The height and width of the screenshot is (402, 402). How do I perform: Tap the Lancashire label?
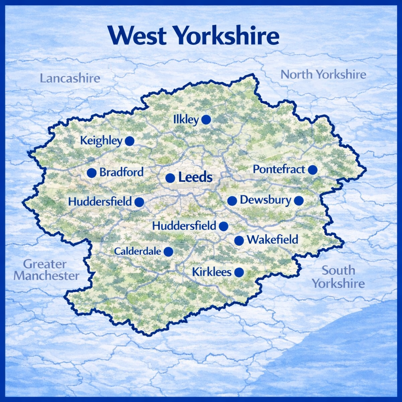[x=70, y=78]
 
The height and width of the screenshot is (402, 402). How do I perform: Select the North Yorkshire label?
[x=323, y=74]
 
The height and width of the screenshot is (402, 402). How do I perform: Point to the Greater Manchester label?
[x=46, y=270]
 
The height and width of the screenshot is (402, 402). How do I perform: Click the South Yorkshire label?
[x=338, y=277]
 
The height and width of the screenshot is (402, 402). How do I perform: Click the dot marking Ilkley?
[x=206, y=120]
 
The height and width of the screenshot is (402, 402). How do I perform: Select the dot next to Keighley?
[x=130, y=141]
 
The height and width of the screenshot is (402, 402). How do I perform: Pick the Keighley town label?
[x=101, y=141]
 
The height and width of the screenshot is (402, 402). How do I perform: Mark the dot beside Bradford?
[x=91, y=173]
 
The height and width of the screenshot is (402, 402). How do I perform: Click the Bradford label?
[x=121, y=172]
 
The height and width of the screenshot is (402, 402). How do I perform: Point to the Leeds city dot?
[x=170, y=178]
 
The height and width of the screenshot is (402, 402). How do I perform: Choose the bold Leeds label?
[x=195, y=177]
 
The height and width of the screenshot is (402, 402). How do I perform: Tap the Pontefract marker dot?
[x=312, y=170]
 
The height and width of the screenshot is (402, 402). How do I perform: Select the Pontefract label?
[x=279, y=170]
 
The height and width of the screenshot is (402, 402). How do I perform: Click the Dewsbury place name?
[x=265, y=200]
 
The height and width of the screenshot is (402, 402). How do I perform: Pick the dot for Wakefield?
[x=239, y=241]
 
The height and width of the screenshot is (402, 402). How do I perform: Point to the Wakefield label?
[x=272, y=239]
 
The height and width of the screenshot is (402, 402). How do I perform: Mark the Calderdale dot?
[x=168, y=252]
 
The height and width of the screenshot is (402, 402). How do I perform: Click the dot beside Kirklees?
[x=239, y=272]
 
